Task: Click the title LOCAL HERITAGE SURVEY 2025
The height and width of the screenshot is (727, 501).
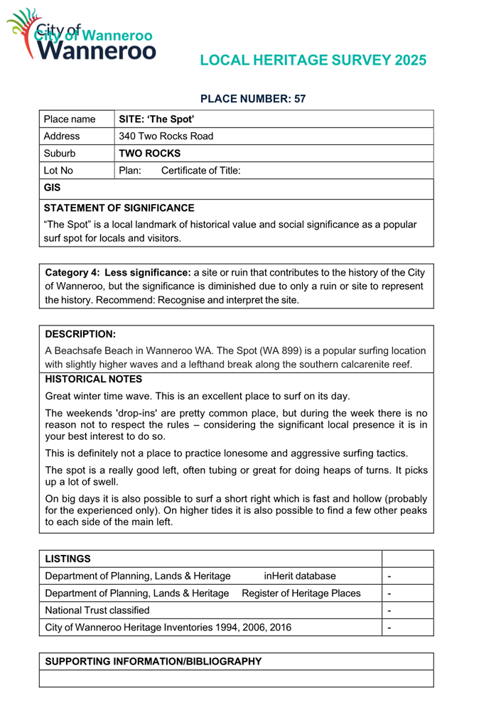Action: [x=313, y=60]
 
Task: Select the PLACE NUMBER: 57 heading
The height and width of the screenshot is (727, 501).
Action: [x=254, y=99]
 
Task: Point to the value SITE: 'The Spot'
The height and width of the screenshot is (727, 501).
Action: [x=157, y=119]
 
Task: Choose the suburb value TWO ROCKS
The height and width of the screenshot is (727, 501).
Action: [x=149, y=154]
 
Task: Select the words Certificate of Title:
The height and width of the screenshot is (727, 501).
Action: [x=201, y=171]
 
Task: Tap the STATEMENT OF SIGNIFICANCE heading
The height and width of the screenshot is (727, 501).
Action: [x=119, y=208]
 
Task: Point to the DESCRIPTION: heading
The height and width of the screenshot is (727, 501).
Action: [x=80, y=333]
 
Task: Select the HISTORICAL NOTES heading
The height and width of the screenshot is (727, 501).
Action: [x=94, y=379]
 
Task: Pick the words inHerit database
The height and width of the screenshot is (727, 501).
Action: [x=300, y=576]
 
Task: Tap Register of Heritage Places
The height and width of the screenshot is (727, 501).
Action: [x=301, y=593]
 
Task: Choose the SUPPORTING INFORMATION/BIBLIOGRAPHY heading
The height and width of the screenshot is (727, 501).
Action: [x=153, y=661]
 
